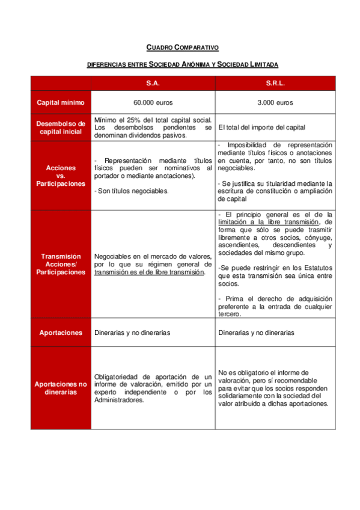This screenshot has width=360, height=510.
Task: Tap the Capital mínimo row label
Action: [61, 102]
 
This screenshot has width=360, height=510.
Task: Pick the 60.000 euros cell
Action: [153, 102]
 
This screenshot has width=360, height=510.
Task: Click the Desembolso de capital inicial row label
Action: [61, 127]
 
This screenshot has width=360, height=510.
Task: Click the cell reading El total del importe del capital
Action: [261, 127]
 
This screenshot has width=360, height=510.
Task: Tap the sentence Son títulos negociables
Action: [132, 191]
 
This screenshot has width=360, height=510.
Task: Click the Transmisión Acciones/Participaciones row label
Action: [61, 264]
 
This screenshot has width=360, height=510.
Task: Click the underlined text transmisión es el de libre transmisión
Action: [149, 272]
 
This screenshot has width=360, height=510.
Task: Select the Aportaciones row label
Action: [61, 332]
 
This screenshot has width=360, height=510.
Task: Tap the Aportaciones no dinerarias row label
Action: [61, 388]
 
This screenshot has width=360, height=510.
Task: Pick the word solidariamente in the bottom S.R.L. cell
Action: [242, 396]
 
